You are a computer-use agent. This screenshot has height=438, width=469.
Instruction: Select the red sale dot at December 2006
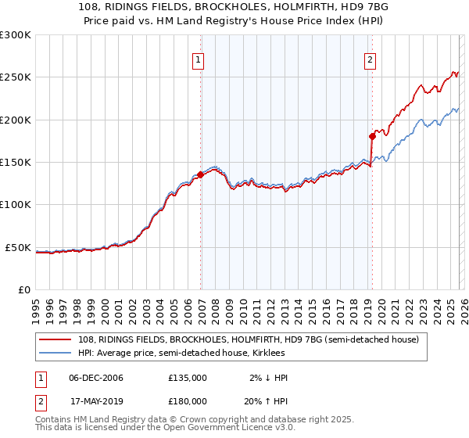click(x=201, y=175)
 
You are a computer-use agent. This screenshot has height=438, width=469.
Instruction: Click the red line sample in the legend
click(x=55, y=339)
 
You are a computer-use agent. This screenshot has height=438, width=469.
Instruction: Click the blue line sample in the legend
click(x=55, y=354)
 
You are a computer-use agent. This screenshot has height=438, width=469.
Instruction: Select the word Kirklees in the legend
click(x=272, y=354)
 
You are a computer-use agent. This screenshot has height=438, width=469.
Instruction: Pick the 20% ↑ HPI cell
click(x=268, y=400)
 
